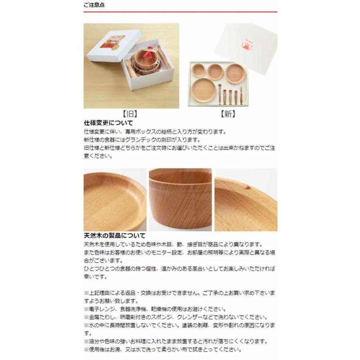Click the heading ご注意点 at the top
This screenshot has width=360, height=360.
click(94, 5)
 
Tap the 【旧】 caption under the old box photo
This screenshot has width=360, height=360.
click(131, 114)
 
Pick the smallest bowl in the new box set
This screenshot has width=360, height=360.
click(198, 70)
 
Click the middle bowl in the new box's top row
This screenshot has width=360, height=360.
click(216, 71)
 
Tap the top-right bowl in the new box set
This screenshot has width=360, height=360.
click(236, 73)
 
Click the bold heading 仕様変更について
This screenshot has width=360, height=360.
click(108, 123)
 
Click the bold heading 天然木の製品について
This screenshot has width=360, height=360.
click(114, 236)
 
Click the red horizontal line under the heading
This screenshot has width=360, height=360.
click(180, 12)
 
